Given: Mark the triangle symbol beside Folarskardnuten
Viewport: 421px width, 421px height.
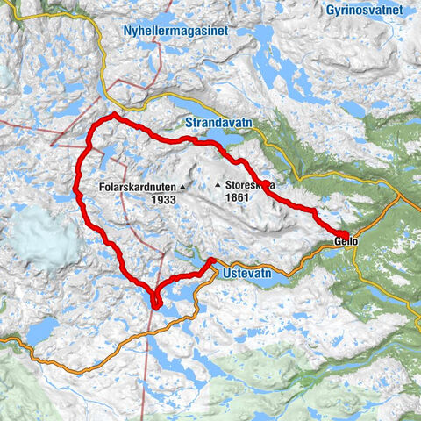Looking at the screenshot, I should (x=183, y=187).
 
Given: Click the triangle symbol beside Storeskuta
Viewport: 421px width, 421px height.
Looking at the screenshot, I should (x=218, y=185).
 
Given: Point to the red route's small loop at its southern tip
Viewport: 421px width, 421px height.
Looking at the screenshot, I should (x=156, y=301).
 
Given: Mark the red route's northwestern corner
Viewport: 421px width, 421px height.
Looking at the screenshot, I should (x=112, y=117).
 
